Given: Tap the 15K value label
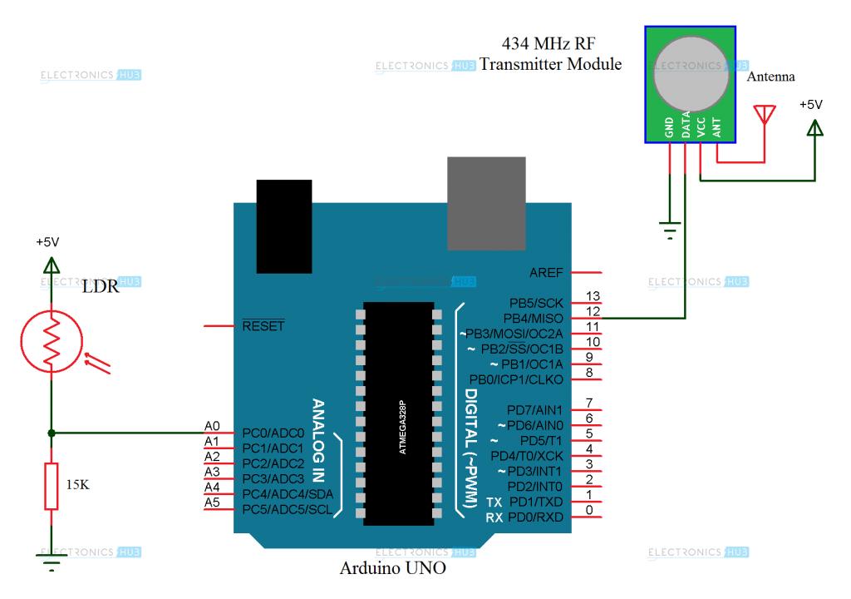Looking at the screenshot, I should tap(77, 483).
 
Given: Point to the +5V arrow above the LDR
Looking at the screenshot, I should tap(52, 265).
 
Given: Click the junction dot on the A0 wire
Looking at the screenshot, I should tap(52, 433).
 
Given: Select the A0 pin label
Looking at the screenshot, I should tap(212, 426).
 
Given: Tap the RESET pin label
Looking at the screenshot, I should tap(263, 326).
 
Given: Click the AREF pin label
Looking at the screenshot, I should tap(546, 273).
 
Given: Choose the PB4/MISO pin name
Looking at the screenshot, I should tap(533, 319).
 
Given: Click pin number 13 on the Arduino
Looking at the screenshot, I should tap(593, 296).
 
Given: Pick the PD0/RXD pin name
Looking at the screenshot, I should tap(535, 517).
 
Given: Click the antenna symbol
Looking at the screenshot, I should tap(763, 114).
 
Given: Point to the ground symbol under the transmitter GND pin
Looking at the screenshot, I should tap(670, 230).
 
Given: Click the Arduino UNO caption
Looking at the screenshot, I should tap(392, 569).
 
